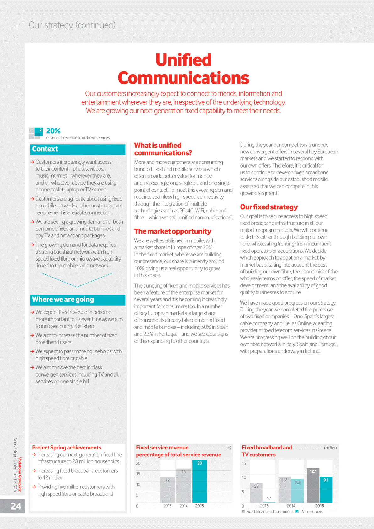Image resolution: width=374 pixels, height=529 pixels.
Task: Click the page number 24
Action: pos(16,506)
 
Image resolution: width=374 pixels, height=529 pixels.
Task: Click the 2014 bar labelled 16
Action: pos(183,486)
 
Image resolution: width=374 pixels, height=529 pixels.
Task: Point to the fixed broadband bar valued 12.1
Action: pos(313,486)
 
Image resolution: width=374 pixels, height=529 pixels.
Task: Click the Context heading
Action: pos(45,149)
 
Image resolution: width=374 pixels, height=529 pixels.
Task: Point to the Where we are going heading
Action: pos(63,300)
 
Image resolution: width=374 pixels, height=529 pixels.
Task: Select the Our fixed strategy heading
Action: pos(269,207)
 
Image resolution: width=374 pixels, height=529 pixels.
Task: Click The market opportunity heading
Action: pos(173,232)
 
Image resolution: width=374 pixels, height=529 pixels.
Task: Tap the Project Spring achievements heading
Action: pos(67,448)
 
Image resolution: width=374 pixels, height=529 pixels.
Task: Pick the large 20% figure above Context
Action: pos(53,131)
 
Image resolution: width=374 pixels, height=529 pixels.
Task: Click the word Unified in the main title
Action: pos(183,60)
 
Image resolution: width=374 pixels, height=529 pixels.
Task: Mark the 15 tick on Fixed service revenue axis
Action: pos(138,474)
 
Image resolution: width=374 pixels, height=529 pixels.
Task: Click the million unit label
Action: pos(330,448)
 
